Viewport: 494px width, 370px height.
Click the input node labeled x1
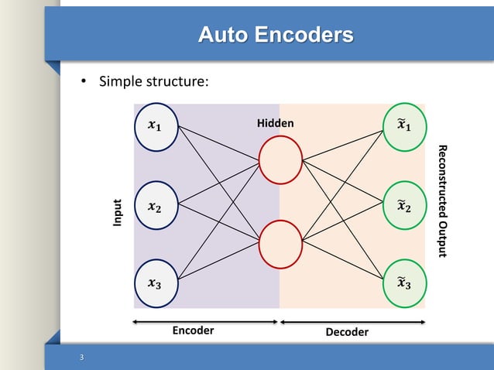(156, 125)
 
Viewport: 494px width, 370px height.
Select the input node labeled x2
(156, 206)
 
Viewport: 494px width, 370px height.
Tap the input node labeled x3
(156, 283)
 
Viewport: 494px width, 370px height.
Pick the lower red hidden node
(280, 242)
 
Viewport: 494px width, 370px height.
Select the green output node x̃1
(404, 125)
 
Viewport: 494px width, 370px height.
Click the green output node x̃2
(404, 205)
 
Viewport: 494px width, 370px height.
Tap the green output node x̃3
(404, 283)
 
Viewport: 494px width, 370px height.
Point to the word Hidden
(276, 124)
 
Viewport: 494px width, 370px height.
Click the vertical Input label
(118, 214)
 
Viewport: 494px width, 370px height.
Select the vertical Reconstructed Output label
(442, 201)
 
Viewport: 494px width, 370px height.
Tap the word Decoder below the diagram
(347, 332)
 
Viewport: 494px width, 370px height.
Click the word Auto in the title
(224, 35)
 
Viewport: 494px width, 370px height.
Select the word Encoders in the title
(305, 35)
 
